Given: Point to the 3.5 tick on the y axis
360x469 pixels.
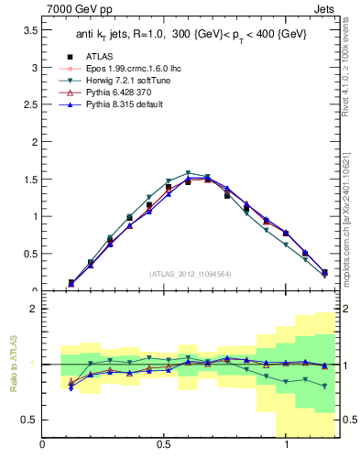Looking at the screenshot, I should pyautogui.click(x=30, y=30).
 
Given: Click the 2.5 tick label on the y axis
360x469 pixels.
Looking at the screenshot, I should pyautogui.click(x=30, y=104).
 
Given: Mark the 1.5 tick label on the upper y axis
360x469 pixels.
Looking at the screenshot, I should pyautogui.click(x=30, y=180).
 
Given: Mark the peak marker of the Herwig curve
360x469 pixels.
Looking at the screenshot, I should pyautogui.click(x=188, y=173).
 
